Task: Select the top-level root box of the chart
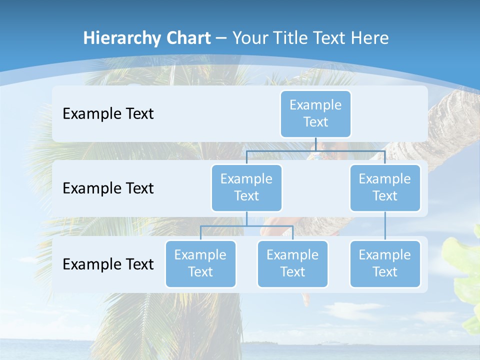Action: point(315,113)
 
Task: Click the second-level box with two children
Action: point(246,187)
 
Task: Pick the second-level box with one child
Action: point(384,187)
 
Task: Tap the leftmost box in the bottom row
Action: point(200,263)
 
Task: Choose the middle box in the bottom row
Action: point(292,263)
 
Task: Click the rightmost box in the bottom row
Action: point(384,263)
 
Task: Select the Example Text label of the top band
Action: point(108,114)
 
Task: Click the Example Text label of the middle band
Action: point(108,188)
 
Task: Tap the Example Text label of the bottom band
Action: point(108,264)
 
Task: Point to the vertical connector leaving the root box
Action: point(315,144)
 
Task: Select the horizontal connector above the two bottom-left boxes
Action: point(246,226)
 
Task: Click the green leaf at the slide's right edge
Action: point(465,270)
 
